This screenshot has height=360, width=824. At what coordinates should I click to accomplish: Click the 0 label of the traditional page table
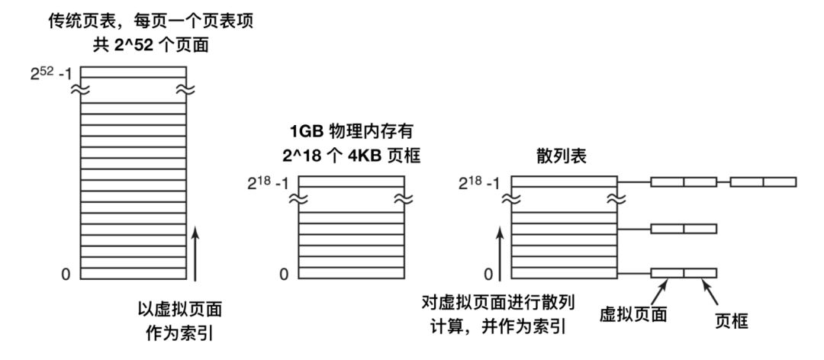(x=66, y=273)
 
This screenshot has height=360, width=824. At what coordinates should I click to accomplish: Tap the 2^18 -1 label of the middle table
(x=270, y=183)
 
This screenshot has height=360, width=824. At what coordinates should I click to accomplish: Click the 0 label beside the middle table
(x=283, y=273)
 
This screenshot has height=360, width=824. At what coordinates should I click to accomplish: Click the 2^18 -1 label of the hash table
(x=484, y=183)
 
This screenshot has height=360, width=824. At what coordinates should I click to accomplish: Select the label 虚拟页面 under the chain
(x=634, y=313)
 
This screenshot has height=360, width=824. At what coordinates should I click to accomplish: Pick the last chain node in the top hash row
(x=763, y=182)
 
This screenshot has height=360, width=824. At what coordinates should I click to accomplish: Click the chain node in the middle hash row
(x=684, y=228)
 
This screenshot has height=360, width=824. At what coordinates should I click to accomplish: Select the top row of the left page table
(x=134, y=72)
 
